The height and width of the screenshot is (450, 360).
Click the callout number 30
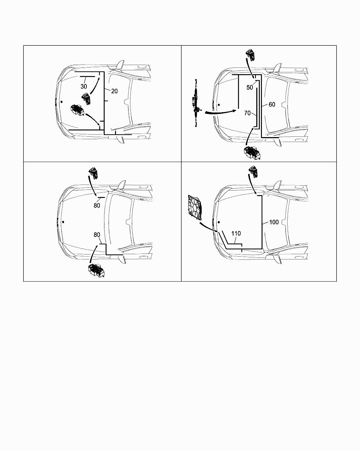84,86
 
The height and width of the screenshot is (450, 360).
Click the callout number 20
114,91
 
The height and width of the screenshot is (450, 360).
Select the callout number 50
250,88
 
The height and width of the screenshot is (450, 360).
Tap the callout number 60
272,104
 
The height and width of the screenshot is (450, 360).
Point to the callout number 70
247,113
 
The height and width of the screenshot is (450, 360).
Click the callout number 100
274,222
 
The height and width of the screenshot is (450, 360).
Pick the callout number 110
236,233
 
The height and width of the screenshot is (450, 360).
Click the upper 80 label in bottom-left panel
97,206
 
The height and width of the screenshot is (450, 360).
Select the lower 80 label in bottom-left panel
97,235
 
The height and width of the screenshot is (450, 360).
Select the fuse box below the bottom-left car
96,270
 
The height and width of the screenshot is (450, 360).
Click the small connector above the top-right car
251,55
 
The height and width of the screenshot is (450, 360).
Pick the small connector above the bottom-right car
253,172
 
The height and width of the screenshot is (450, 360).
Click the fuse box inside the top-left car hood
77,110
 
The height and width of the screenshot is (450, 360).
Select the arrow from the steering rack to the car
221,112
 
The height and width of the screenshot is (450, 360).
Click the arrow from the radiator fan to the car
208,227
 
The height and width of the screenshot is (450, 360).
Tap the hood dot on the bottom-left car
63,222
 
